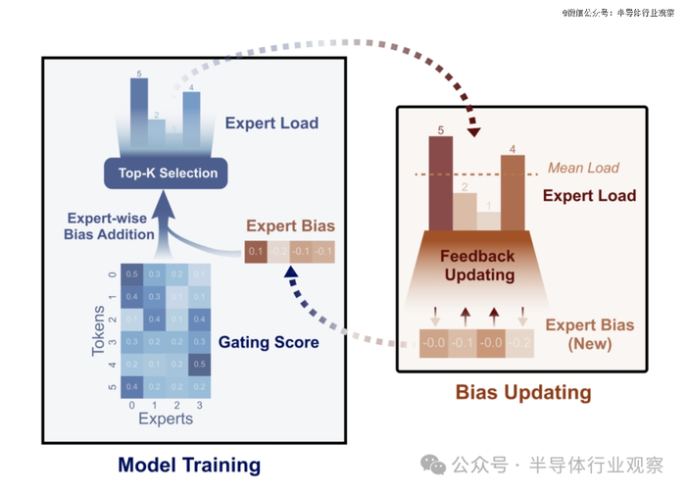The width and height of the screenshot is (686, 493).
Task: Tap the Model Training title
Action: coord(189,464)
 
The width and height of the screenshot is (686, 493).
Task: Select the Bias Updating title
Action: coord(523,393)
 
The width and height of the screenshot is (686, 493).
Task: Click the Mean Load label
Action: coord(583,168)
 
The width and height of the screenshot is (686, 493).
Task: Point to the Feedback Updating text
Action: coord(477,265)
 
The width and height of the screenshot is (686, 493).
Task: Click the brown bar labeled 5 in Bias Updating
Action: coord(440,181)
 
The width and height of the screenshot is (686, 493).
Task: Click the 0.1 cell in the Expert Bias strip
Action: coord(256,252)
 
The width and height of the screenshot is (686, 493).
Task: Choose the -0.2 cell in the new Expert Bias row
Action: coord(520,343)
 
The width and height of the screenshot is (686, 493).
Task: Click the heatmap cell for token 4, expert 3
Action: coord(200,365)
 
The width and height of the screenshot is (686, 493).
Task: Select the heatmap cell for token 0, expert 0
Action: coord(132,273)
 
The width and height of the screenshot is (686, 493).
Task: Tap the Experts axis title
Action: coord(166,419)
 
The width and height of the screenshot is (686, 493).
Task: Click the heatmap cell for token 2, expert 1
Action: coord(155,319)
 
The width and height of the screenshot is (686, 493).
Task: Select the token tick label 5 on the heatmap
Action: coord(114,387)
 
